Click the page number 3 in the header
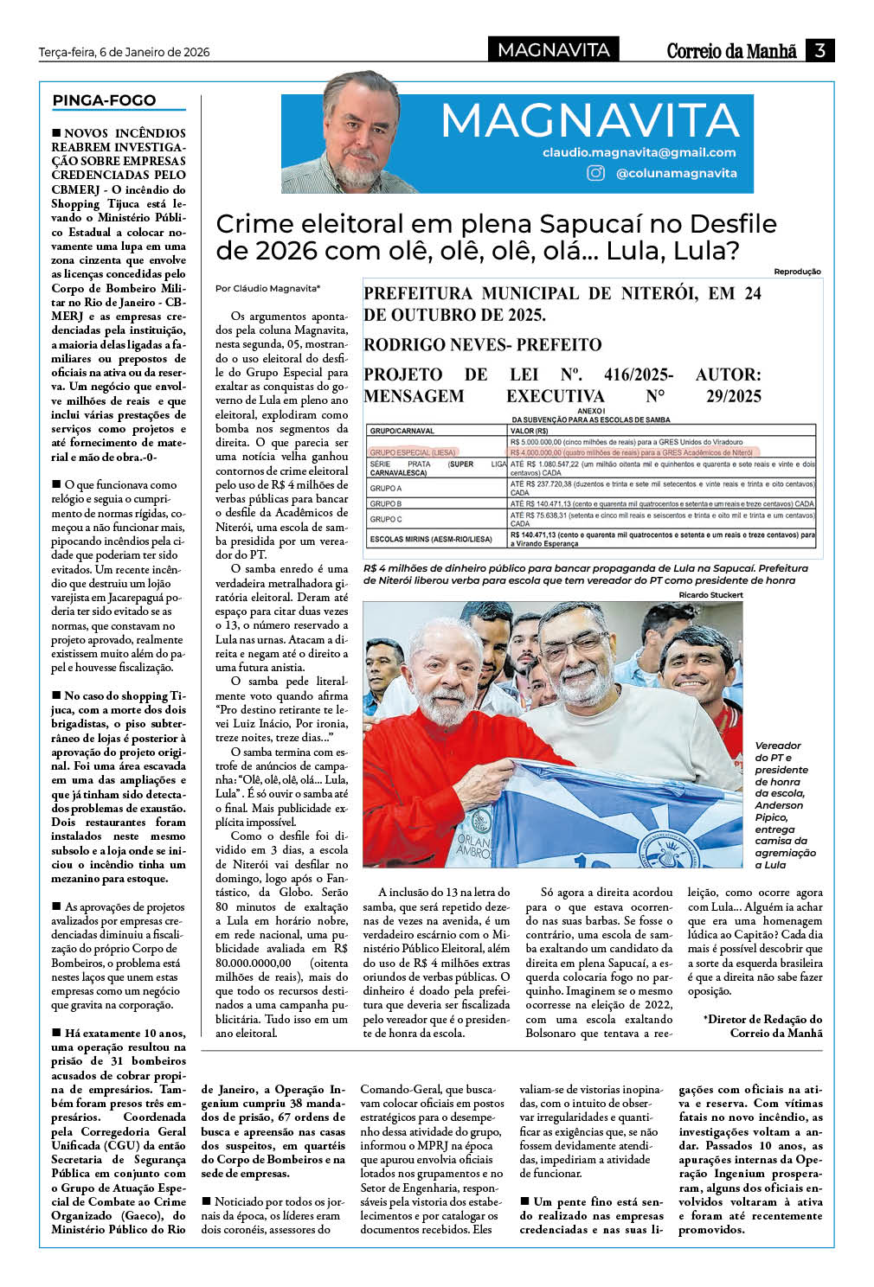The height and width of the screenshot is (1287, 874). pyautogui.click(x=819, y=50)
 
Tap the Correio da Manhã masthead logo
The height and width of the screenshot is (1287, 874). pyautogui.click(x=731, y=51)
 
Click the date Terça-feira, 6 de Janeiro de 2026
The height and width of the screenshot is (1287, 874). pyautogui.click(x=125, y=52)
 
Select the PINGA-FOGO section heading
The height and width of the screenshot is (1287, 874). pyautogui.click(x=105, y=100)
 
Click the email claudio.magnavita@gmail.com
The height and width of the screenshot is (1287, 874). pyautogui.click(x=639, y=152)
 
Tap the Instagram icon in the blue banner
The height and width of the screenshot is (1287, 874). pyautogui.click(x=596, y=173)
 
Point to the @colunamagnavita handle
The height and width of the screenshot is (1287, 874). pyautogui.click(x=676, y=173)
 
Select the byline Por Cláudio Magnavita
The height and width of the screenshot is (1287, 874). pyautogui.click(x=267, y=288)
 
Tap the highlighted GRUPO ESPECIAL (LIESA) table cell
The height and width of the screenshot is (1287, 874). pyautogui.click(x=413, y=451)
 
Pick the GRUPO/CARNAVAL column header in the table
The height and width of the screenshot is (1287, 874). pyautogui.click(x=402, y=430)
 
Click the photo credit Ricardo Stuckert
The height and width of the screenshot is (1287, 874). pyautogui.click(x=710, y=595)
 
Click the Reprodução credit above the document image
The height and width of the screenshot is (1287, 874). pyautogui.click(x=797, y=272)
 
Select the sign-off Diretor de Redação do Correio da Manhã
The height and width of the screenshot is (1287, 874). pyautogui.click(x=762, y=1026)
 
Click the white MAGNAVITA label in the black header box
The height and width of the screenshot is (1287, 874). pyautogui.click(x=554, y=50)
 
